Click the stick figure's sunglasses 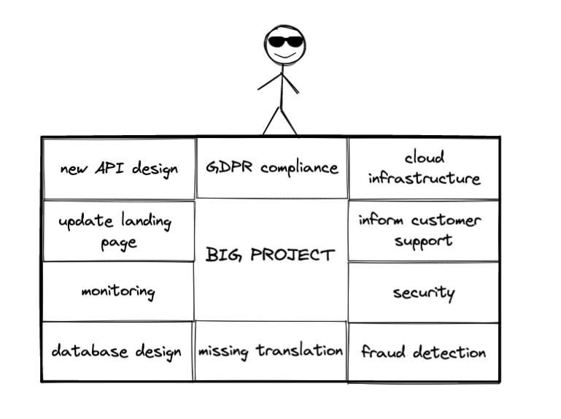[x=283, y=41]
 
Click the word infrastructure [x=424, y=178]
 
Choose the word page [x=118, y=242]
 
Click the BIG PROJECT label [x=271, y=255]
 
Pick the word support [x=424, y=240]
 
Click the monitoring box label [x=118, y=292]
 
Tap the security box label [x=424, y=293]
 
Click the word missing [x=224, y=351]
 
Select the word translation [x=299, y=351]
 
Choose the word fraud [x=384, y=353]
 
